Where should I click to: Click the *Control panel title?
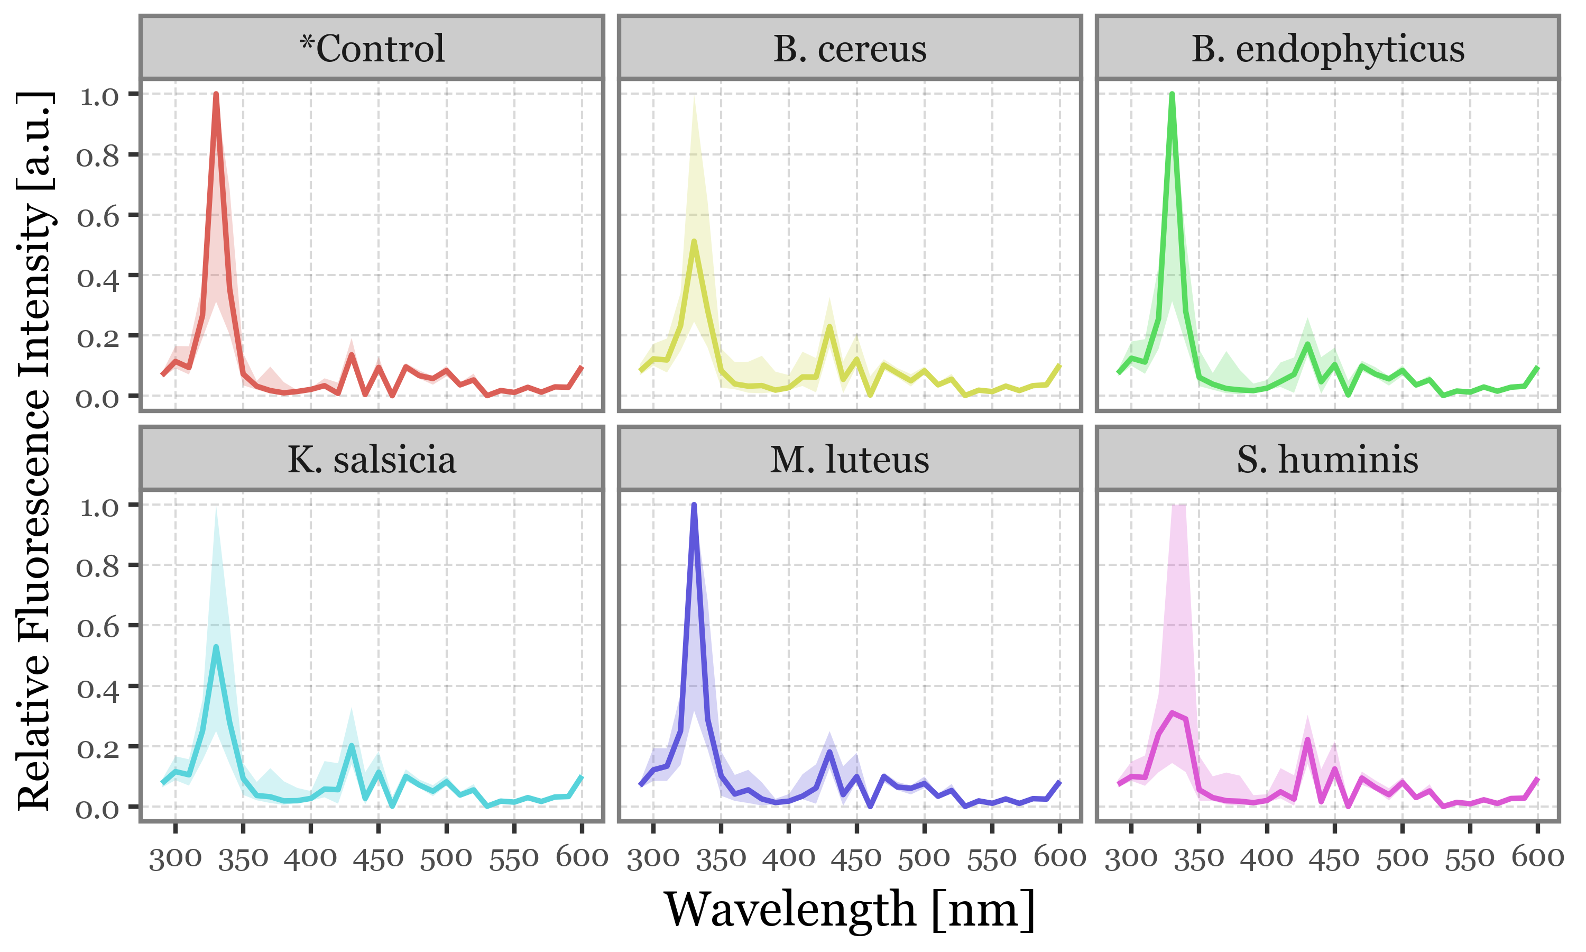[x=372, y=48]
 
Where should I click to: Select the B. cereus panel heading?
[x=850, y=48]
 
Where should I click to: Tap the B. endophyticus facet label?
[x=1327, y=48]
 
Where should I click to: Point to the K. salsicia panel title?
[x=372, y=459]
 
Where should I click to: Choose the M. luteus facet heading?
[x=850, y=459]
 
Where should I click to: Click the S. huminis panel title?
[x=1327, y=459]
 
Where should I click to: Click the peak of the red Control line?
[x=216, y=94]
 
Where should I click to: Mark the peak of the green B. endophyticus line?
[x=1172, y=94]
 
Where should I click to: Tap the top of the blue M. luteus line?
[x=694, y=506]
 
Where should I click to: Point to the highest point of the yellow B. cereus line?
[x=694, y=241]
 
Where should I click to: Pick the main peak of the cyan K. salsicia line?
[x=216, y=647]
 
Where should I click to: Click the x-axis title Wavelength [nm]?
[x=850, y=910]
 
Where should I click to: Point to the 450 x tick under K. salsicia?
[x=378, y=858]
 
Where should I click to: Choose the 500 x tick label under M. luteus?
[x=924, y=858]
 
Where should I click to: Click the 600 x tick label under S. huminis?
[x=1537, y=858]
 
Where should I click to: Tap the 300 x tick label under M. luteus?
[x=652, y=858]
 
